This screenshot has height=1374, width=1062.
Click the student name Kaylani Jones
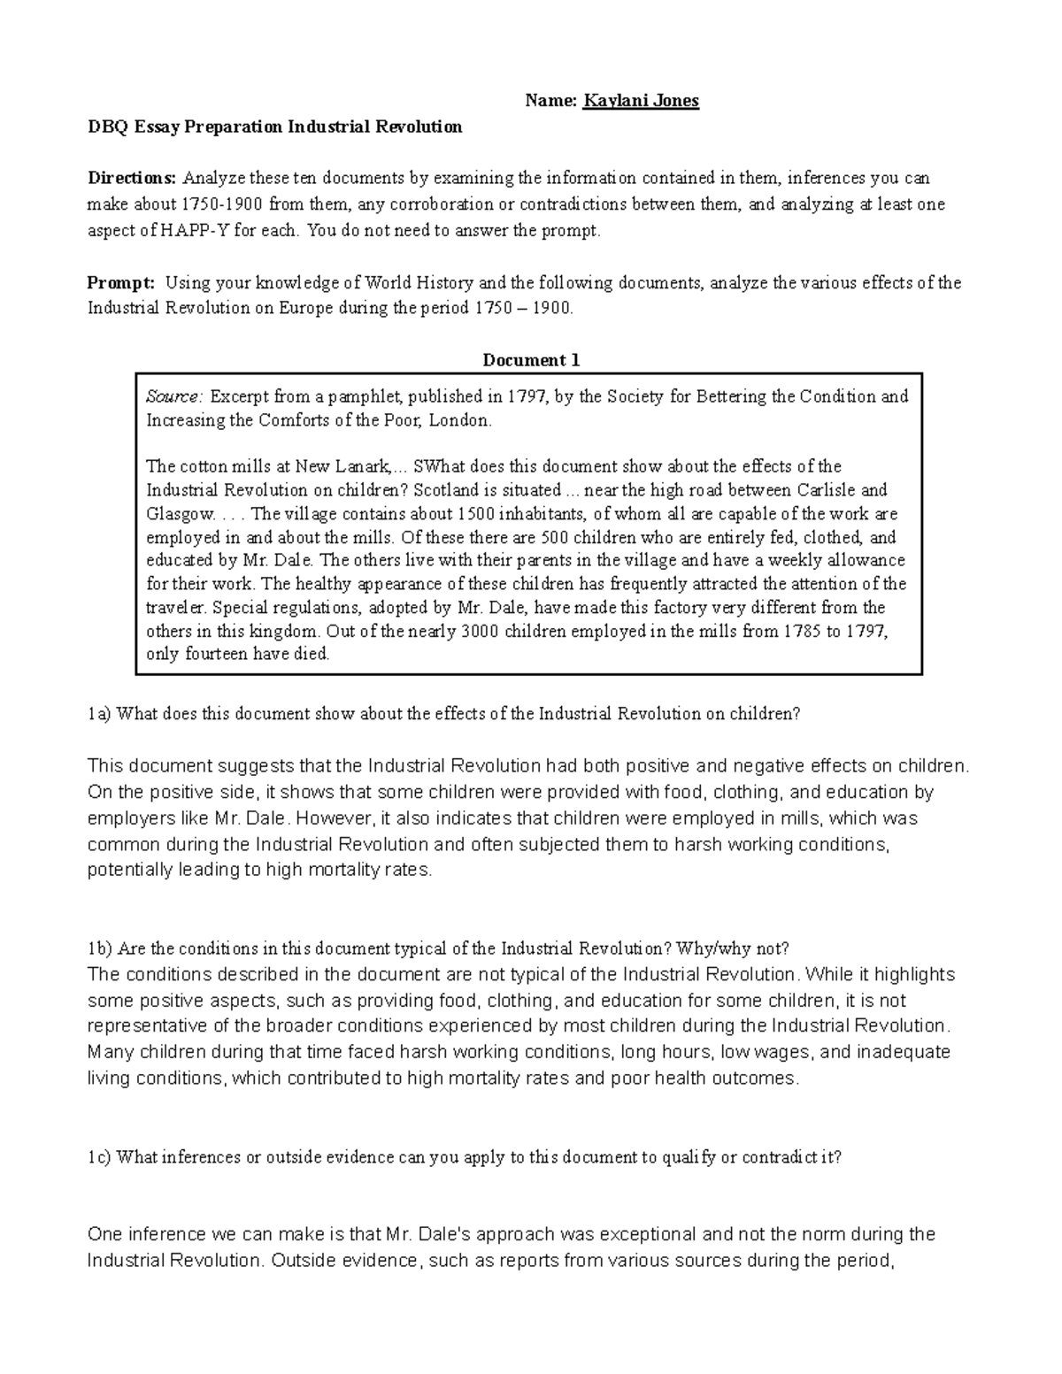click(641, 101)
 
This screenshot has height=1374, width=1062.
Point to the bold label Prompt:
click(121, 283)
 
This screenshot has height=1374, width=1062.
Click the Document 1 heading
click(530, 360)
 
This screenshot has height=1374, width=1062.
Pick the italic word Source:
click(174, 396)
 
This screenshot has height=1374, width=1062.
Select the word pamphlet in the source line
click(362, 396)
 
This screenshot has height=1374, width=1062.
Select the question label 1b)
click(100, 948)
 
